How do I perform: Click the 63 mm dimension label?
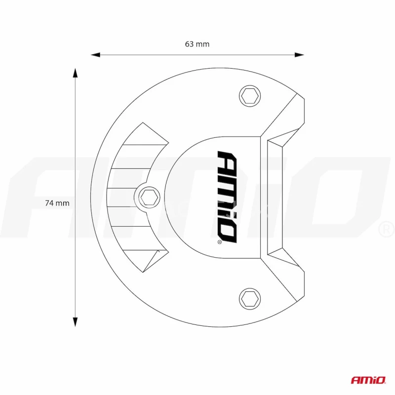click(197, 44)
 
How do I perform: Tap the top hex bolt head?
click(249, 95)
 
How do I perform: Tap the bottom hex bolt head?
click(249, 298)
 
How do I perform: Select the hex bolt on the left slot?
click(148, 197)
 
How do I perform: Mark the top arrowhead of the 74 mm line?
click(76, 73)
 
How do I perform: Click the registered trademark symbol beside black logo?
click(220, 242)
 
